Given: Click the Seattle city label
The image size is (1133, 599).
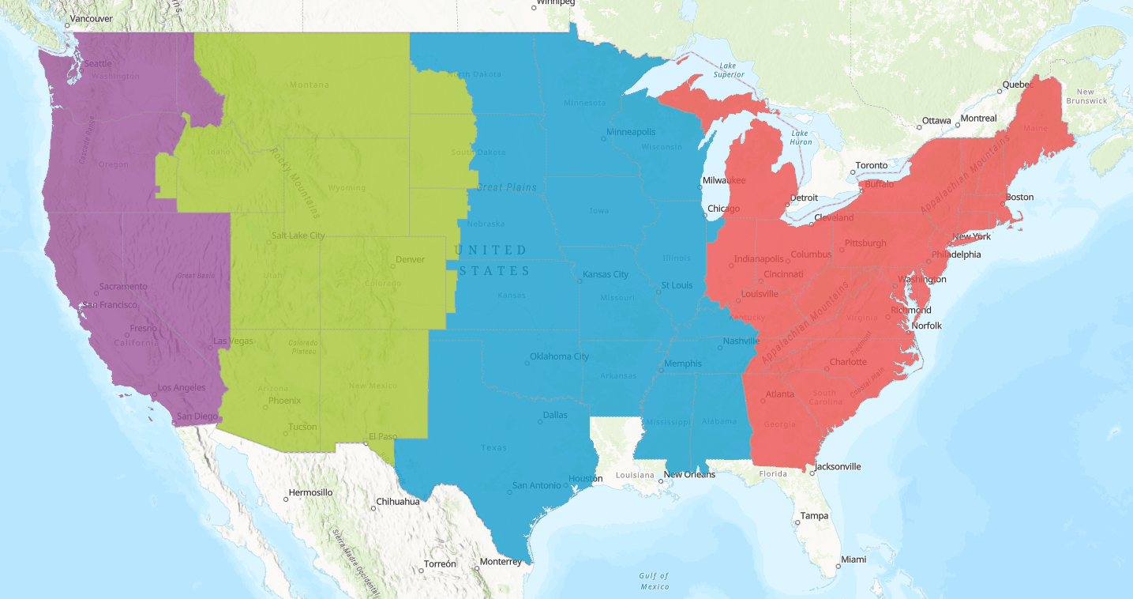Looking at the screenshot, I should point(98,63).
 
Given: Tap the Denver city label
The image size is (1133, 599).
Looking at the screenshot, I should point(410,259).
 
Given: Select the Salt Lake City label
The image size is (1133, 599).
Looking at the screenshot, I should point(298,235).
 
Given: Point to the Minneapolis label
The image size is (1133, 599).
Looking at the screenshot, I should point(631,131).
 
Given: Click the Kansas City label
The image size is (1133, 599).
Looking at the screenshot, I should point(605,274).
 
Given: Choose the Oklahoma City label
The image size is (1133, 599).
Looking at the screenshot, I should point(559,356).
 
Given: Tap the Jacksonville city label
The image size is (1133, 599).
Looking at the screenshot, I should point(838,466).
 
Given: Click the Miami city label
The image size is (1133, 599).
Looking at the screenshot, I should point(853,559).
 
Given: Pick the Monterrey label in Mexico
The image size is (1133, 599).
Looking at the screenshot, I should point(501,562).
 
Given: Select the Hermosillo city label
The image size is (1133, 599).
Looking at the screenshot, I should point(310,492).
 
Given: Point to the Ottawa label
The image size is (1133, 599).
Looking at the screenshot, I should point(936,120).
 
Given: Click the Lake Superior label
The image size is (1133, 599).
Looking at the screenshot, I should point(729,70).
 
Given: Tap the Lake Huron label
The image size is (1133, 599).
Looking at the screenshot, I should point(801,137).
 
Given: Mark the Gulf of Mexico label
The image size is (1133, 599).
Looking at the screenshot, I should point(655,581).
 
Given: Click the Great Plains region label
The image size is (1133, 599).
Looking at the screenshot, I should point(506,187).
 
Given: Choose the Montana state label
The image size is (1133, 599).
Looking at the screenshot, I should point(310,85).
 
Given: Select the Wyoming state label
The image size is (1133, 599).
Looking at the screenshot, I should point(347,187).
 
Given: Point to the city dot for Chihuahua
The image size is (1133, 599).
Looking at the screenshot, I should point(373,508).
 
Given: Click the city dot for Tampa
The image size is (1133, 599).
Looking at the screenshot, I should point(797,522).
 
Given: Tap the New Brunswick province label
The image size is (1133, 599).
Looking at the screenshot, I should point(1086,96).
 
